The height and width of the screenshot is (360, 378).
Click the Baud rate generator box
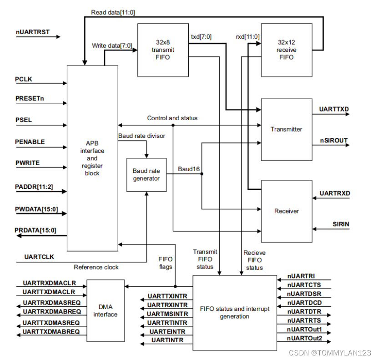coord(146,175)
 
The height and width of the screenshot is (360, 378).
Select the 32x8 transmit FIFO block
coord(163,50)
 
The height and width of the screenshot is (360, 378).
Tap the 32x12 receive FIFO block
coord(287,50)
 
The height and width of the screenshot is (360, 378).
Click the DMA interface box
coord(106,310)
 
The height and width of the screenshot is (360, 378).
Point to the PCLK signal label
coord(24,79)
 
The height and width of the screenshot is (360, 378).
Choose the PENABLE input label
coord(30,142)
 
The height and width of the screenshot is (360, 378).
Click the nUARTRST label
coord(33,32)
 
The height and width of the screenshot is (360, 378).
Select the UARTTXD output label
coord(334,109)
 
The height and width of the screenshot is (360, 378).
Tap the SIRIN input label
coord(341,224)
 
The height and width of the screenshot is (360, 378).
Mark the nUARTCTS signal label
coord(304,285)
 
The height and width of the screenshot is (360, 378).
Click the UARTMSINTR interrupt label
coord(167,314)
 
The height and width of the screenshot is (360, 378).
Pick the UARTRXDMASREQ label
coord(52,303)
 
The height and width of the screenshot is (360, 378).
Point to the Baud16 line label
coord(189,169)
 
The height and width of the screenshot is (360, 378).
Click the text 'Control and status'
coord(172,118)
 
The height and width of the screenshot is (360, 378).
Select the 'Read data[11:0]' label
coord(113,13)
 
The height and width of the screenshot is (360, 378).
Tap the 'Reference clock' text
coord(96,267)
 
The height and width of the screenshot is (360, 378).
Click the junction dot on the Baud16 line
coord(202,173)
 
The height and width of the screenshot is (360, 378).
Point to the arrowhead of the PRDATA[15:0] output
coord(19,236)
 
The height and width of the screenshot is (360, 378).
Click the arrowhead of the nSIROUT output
coord(348,145)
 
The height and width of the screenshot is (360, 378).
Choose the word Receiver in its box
coord(287,211)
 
